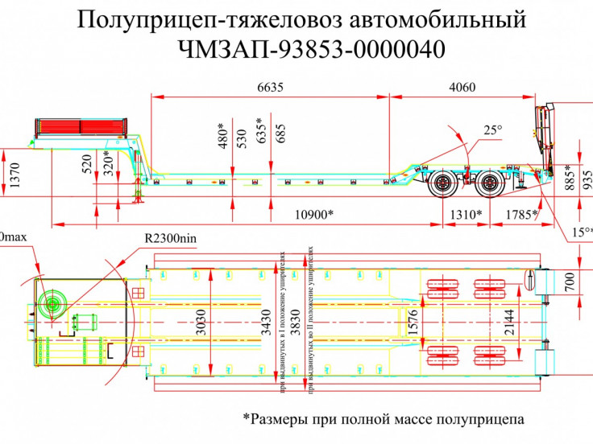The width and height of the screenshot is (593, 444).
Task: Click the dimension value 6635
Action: click(270, 88)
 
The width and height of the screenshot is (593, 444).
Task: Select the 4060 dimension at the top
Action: click(462, 88)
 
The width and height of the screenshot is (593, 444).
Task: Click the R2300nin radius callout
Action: click(170, 238)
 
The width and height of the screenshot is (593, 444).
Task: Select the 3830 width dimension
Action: click(298, 306)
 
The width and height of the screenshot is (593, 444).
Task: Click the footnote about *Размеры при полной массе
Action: click(383, 419)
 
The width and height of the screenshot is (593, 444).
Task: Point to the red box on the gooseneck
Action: click(80, 127)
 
